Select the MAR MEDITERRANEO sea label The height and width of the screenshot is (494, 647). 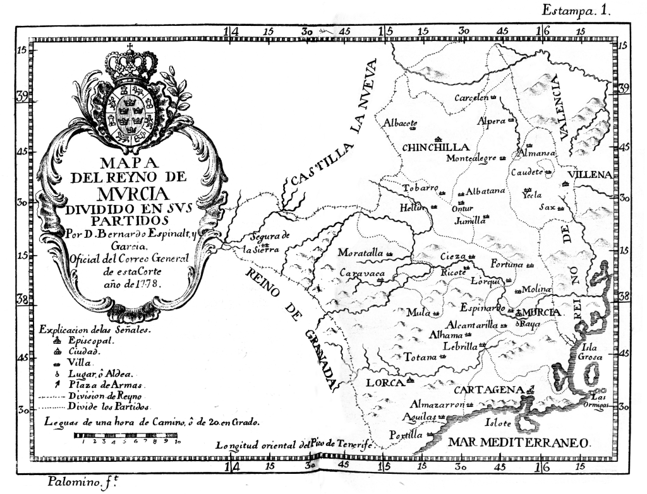pos(519,442)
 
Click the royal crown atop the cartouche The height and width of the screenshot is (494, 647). pos(131,63)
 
